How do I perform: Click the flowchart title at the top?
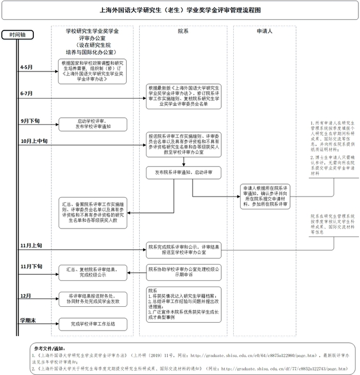[180, 10]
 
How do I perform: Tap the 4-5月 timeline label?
[26, 67]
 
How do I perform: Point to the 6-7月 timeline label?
[26, 93]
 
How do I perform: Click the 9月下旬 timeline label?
[29, 120]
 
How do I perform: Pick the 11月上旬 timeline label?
[31, 245]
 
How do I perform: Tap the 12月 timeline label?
[25, 295]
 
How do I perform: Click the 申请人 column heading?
[265, 32]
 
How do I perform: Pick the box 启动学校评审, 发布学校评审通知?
[93, 124]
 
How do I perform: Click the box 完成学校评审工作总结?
[93, 324]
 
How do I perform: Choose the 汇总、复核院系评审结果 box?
[93, 273]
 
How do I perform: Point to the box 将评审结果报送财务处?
[93, 299]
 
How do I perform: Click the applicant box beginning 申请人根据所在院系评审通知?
[265, 195]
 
